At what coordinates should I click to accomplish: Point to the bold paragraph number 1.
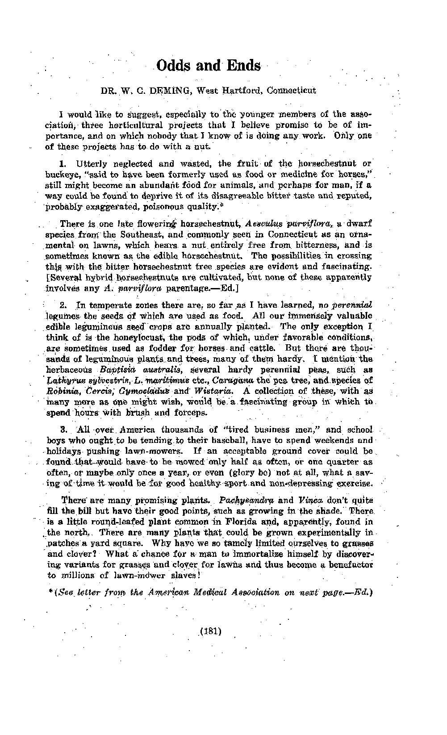[x=63, y=164]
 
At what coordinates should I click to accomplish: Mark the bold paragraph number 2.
[x=63, y=306]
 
